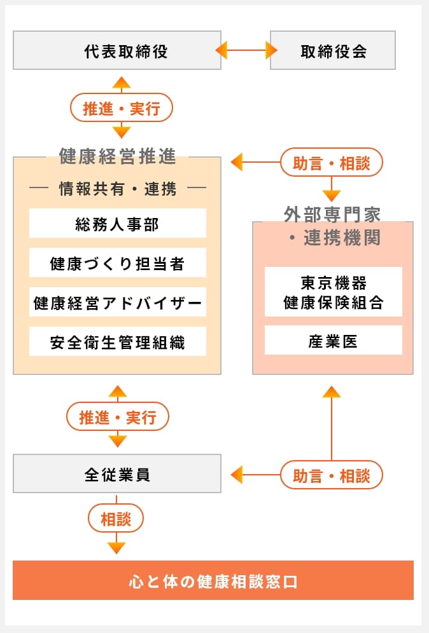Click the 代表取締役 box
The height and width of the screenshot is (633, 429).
(117, 50)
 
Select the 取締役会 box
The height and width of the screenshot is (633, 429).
(333, 50)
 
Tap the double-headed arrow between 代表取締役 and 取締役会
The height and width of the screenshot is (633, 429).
(246, 50)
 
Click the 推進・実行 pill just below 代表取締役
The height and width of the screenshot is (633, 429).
(122, 108)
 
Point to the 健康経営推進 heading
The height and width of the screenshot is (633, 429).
(117, 156)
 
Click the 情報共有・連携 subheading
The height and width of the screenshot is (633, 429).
(118, 189)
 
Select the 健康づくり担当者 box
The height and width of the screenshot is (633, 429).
(118, 262)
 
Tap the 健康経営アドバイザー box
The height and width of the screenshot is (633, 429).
(118, 303)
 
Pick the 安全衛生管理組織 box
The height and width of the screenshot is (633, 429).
(118, 342)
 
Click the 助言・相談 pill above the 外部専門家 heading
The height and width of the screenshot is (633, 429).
(332, 163)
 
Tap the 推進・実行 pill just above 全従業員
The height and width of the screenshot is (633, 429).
(118, 417)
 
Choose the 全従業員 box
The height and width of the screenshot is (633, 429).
(117, 473)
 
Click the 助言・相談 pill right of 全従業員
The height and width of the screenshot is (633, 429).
(332, 475)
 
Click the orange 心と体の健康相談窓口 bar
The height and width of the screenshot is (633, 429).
(213, 580)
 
